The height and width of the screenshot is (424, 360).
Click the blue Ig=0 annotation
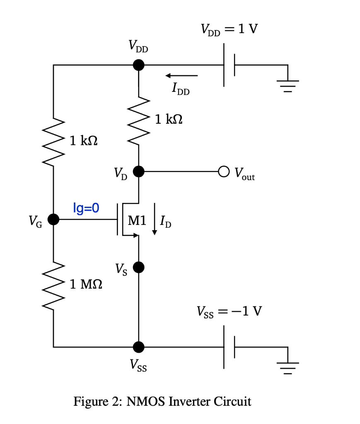[x=86, y=207]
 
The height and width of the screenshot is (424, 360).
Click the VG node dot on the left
[x=53, y=219]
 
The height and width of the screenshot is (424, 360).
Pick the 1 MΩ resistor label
[x=87, y=284]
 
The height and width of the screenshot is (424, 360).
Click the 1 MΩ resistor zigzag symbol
[x=53, y=285]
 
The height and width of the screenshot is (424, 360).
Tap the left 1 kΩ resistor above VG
[x=53, y=141]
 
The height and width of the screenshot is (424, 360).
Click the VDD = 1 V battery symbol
[x=229, y=65]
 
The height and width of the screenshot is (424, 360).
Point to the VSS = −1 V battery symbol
[x=229, y=346]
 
